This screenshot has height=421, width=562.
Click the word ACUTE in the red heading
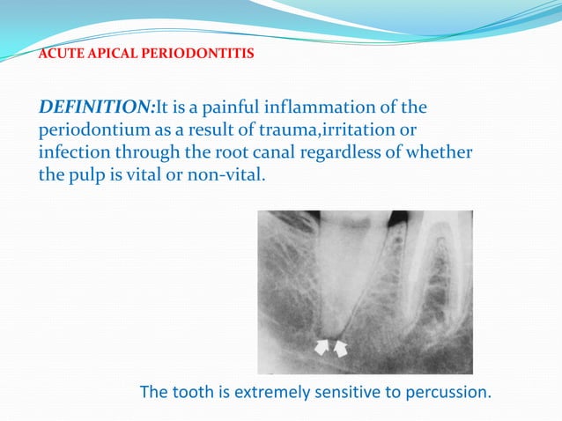[61, 55]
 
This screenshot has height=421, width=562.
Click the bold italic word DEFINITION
[95, 108]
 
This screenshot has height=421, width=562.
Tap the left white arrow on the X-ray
[323, 349]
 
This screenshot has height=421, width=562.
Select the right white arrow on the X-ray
[341, 350]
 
